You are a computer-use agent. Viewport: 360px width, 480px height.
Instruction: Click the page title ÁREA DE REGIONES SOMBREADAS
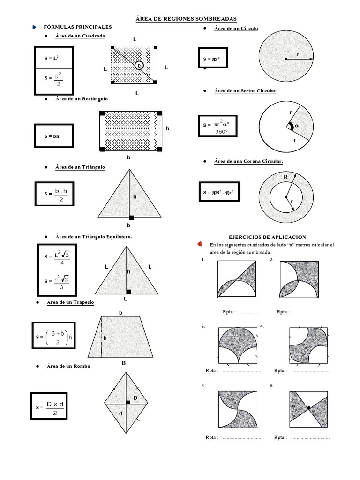pyautogui.click(x=186, y=18)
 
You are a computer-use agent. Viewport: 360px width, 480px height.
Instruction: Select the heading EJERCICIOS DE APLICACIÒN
pyautogui.click(x=267, y=237)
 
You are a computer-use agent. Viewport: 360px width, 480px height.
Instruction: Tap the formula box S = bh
pyautogui.click(x=53, y=136)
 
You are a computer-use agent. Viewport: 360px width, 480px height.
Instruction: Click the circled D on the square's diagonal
pyautogui.click(x=139, y=66)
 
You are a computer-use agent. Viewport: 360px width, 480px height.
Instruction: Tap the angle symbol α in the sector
pyautogui.click(x=296, y=126)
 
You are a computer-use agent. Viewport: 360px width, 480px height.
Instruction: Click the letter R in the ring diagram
pyautogui.click(x=285, y=177)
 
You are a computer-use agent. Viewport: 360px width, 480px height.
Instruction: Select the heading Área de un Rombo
pyautogui.click(x=68, y=366)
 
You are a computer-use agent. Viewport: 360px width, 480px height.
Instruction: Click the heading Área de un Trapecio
pyautogui.click(x=70, y=302)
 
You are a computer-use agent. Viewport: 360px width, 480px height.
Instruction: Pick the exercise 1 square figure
pyautogui.click(x=237, y=279)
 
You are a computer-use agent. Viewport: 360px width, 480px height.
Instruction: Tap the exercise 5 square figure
pyautogui.click(x=237, y=409)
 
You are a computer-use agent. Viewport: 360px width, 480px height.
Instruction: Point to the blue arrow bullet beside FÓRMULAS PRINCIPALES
pyautogui.click(x=35, y=27)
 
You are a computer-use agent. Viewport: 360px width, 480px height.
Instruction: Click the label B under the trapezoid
pyautogui.click(x=124, y=362)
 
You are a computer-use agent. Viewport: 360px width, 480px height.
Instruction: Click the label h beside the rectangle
pyautogui.click(x=167, y=128)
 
